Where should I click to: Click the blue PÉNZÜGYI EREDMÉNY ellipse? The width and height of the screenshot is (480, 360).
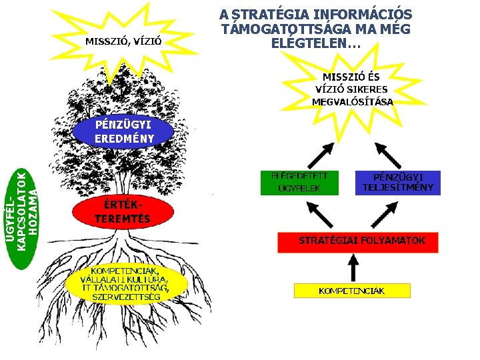click(124, 132)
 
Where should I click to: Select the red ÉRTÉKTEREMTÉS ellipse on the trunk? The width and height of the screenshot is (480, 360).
click(122, 211)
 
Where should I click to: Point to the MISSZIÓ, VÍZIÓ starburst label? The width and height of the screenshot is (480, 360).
click(124, 41)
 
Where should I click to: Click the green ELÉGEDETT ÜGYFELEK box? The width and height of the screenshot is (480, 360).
click(299, 182)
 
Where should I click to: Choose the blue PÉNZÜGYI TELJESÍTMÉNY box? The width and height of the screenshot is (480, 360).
click(398, 182)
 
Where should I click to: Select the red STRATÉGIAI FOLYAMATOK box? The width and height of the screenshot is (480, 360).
click(361, 241)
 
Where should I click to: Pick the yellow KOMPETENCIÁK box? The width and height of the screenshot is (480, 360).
click(352, 291)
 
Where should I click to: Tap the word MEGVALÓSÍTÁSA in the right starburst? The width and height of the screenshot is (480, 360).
click(352, 102)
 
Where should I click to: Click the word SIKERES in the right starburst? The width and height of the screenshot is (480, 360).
click(363, 89)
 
